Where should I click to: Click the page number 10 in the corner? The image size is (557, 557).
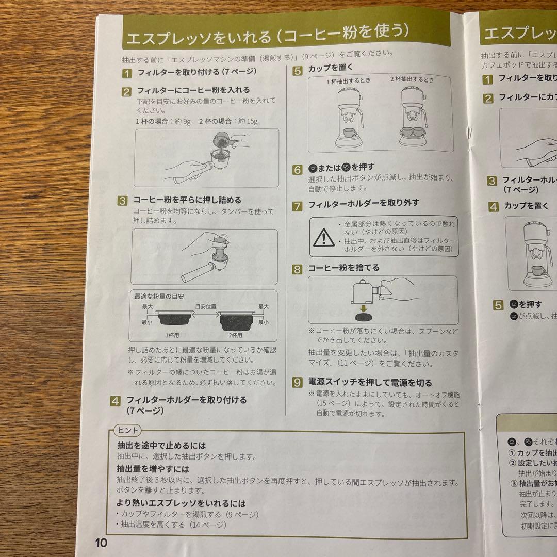(101, 543)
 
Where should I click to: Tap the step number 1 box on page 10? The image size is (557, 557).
(127, 73)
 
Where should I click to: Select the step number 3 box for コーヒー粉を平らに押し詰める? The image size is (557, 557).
(122, 201)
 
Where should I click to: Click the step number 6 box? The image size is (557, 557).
(298, 170)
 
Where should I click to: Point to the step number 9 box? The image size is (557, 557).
(298, 383)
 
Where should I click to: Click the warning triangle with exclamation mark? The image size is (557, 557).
(323, 237)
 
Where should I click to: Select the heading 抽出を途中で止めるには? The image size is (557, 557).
(161, 445)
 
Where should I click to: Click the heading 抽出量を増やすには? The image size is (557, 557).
(153, 469)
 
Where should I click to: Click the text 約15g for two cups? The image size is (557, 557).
(245, 122)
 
